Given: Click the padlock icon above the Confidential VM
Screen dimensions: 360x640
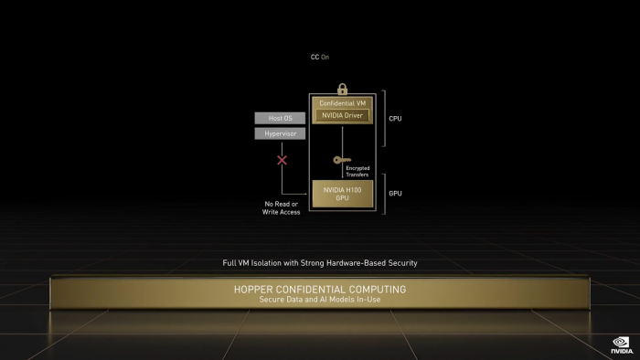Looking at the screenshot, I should (x=342, y=89).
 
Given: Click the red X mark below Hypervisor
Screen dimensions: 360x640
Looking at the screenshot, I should (x=283, y=160).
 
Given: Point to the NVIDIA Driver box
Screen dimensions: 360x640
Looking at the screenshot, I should (x=342, y=115).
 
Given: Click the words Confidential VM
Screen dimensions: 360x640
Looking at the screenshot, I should (x=342, y=103).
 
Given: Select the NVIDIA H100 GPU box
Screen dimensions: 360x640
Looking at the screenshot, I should (x=343, y=194).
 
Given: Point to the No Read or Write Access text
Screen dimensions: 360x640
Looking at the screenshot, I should (x=281, y=207).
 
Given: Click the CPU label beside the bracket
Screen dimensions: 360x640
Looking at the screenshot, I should (x=395, y=118).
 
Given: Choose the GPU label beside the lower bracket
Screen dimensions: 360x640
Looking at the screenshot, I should (x=395, y=194).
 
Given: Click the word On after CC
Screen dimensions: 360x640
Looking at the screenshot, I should (x=325, y=57).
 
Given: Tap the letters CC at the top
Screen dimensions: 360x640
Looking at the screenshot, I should (x=315, y=57).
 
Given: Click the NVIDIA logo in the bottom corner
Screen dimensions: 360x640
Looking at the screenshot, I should (x=622, y=345).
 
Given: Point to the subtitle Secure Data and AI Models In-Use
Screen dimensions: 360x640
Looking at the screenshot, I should (x=320, y=300).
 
